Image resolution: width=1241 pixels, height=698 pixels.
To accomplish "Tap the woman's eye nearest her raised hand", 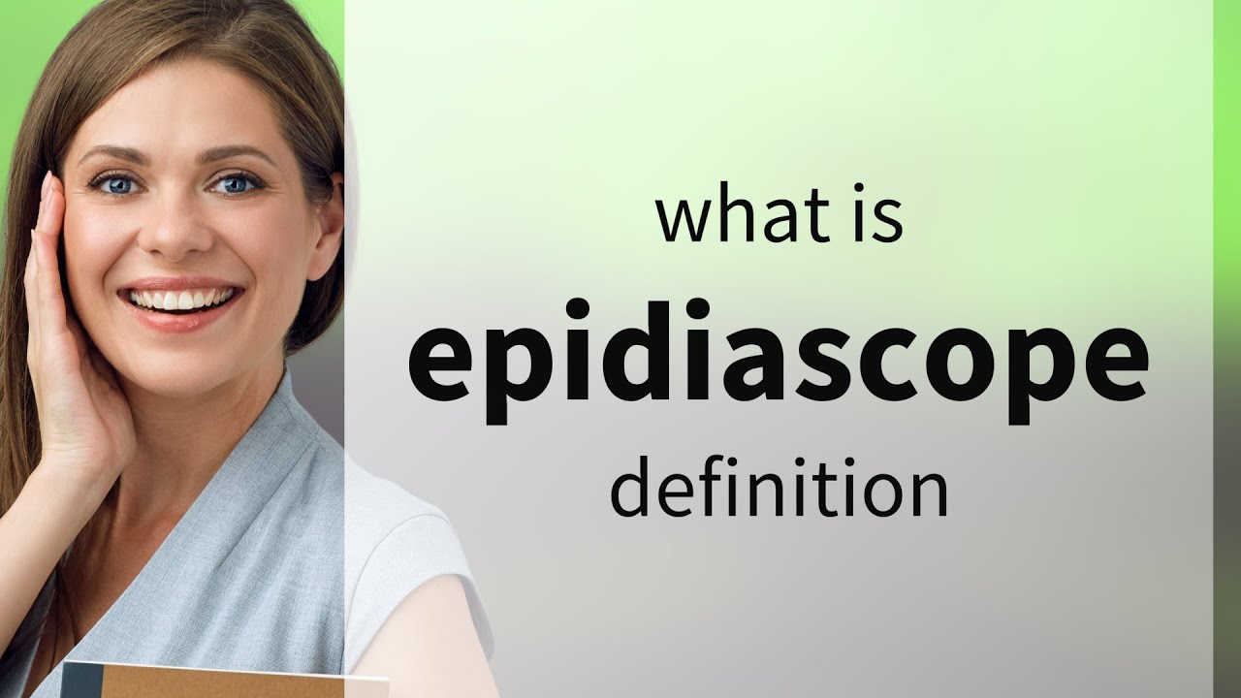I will click(x=115, y=184).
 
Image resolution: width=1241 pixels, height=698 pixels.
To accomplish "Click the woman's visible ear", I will click(x=328, y=223).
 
